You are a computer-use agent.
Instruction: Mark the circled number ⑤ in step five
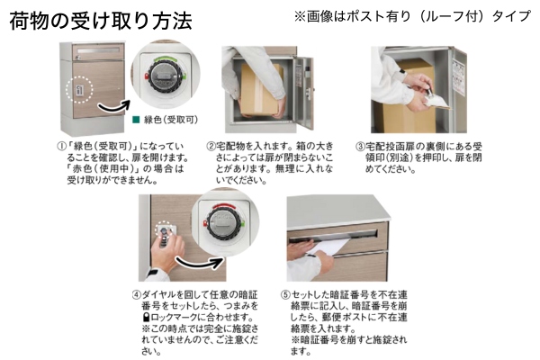click(283, 293)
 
